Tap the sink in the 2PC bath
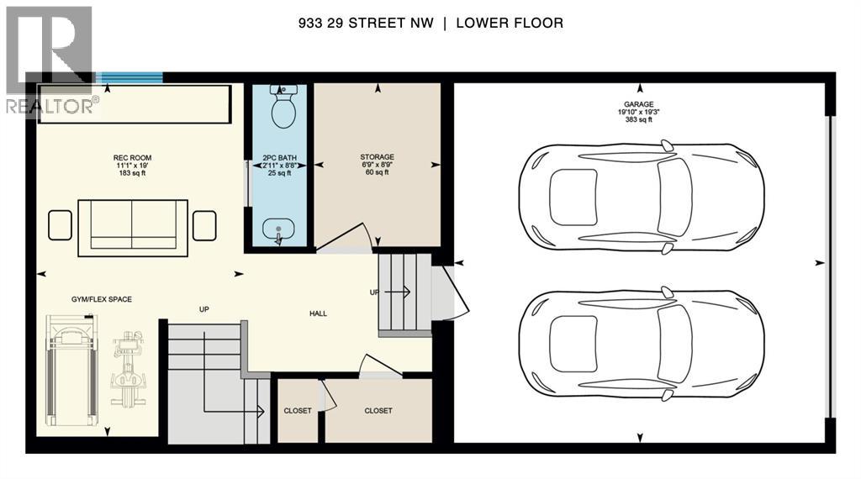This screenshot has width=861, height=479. point(278,229)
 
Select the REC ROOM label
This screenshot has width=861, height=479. point(132,158)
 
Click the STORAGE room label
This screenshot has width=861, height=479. point(377,157)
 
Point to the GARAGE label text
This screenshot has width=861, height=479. point(639,104)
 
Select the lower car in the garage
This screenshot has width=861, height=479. point(641,342)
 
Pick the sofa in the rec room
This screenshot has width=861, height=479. point(133,228)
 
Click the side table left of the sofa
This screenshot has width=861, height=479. point(61,225)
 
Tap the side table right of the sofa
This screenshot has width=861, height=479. point(204,225)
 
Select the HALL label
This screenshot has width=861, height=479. point(318,313)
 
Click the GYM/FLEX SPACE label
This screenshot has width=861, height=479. point(102,299)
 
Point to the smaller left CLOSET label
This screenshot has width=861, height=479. point(298,411)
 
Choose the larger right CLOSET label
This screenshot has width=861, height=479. point(378,411)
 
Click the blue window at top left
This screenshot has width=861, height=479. point(129,78)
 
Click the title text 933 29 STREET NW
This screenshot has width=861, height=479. point(366,24)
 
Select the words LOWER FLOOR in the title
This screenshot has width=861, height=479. point(509,24)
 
